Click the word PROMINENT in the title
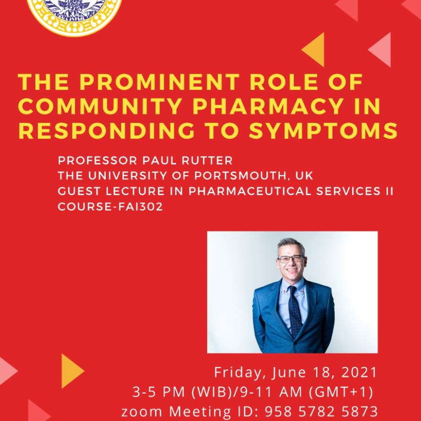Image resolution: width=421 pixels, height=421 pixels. [159, 82]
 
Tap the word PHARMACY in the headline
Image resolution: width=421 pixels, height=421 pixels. [268, 106]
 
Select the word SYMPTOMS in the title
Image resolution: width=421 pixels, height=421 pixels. [323, 131]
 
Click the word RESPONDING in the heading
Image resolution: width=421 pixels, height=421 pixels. [106, 131]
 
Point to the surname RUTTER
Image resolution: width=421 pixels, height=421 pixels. [207, 161]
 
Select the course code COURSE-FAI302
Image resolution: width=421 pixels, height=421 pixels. [111, 207]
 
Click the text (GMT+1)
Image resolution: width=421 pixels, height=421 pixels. [341, 392]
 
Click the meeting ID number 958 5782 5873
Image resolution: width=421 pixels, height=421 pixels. [321, 411]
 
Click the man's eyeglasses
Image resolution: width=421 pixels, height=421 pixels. [290, 259]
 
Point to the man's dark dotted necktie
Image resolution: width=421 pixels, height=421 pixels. [295, 311]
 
